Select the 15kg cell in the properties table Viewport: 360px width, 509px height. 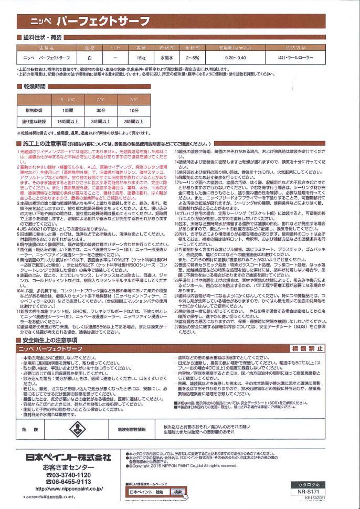140,57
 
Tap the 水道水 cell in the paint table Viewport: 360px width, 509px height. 167,57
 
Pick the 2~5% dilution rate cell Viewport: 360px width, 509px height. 193,57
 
